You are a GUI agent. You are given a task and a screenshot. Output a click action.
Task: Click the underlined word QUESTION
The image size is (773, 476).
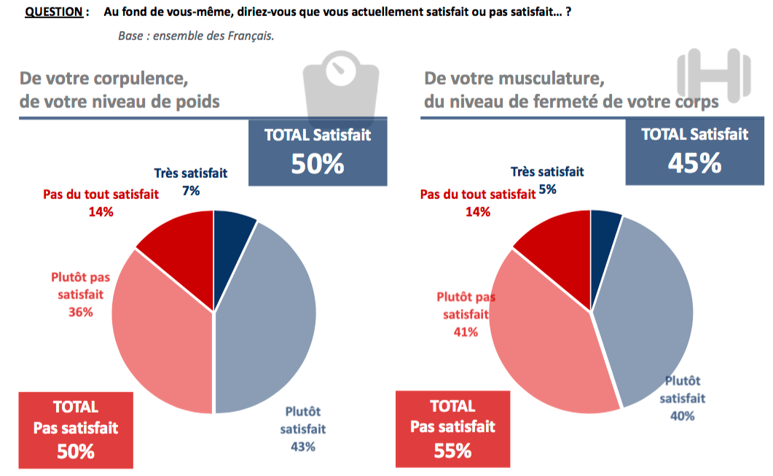coord(52,13)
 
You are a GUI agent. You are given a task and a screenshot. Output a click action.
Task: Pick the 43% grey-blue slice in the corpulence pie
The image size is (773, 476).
coord(270,321)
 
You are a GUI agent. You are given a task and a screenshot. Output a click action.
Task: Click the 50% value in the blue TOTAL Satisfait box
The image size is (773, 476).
coord(317,164)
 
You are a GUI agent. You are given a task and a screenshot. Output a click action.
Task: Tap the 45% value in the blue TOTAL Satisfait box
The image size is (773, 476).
coord(694,163)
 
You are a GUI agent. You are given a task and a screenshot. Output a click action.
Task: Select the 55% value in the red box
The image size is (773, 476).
coord(452,451)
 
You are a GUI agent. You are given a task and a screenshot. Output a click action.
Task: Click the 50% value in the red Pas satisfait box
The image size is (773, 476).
coord(76,451)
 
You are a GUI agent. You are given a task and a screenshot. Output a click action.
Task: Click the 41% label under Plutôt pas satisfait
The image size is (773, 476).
coord(466,332)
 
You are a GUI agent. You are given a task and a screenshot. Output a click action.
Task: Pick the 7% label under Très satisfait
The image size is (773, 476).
coord(191,191)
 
